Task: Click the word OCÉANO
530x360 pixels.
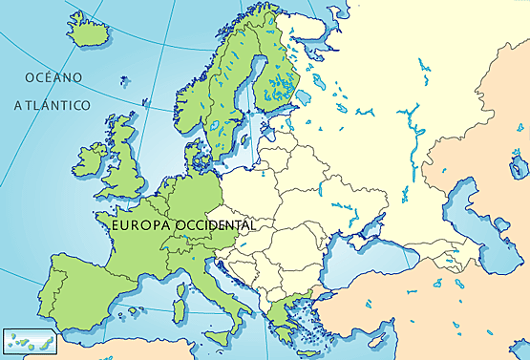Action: click(54, 76)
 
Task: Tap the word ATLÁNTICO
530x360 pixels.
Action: click(53, 105)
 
